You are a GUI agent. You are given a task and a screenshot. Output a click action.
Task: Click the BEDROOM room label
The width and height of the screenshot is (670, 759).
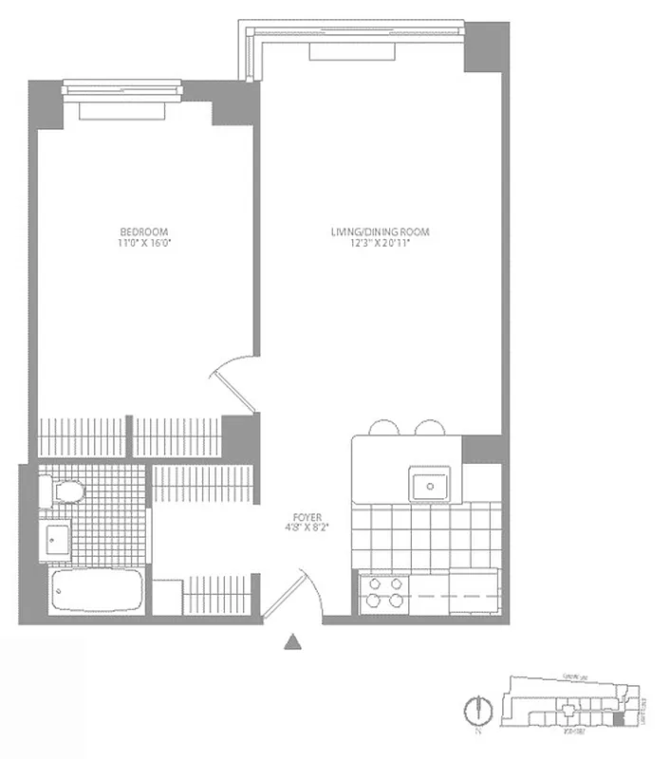coord(144,231)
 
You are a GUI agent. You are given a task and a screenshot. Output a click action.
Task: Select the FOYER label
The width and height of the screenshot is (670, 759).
coord(307,518)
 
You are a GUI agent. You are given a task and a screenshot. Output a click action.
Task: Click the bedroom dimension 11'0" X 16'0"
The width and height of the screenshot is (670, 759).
coord(144,244)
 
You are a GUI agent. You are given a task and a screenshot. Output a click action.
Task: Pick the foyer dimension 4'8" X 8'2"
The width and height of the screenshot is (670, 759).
coord(307,530)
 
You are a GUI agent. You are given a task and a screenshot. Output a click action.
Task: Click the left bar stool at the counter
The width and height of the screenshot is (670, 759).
coord(382,428)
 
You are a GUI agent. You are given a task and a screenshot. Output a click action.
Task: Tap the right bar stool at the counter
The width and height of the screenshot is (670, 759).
coord(429,428)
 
